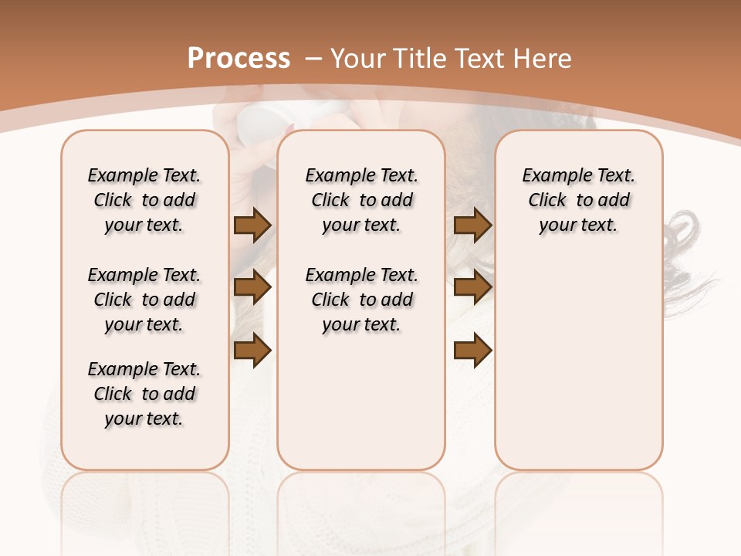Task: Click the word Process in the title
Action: [x=239, y=59]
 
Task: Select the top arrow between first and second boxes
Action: [x=252, y=225]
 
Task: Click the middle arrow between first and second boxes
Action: [x=252, y=287]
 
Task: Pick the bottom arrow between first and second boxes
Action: [x=252, y=351]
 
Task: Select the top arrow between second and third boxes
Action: [x=472, y=225]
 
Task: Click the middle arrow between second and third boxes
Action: [x=472, y=287]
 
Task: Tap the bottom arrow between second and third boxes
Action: [x=472, y=351]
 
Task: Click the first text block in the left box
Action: [x=144, y=200]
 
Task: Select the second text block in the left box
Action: [x=144, y=300]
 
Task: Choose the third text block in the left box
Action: [x=144, y=394]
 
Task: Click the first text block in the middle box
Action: [x=361, y=200]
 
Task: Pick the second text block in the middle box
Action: [x=361, y=300]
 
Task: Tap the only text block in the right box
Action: [x=578, y=200]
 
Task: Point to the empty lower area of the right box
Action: [x=578, y=363]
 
